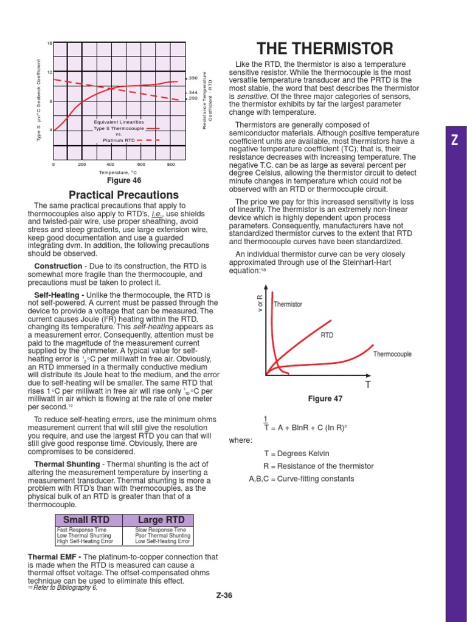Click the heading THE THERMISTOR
(x=325, y=49)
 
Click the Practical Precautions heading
(x=123, y=195)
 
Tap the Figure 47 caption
(x=325, y=399)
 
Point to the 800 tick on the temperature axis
(x=171, y=164)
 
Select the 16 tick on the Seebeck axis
(x=50, y=43)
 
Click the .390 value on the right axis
(x=192, y=78)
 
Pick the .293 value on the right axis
(x=192, y=98)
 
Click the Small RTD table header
(x=89, y=520)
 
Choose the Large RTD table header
(x=158, y=520)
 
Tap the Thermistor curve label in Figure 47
(x=288, y=304)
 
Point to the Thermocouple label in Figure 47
(x=392, y=354)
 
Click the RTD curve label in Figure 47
(x=327, y=335)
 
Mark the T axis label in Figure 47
(x=367, y=385)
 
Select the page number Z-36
(x=224, y=595)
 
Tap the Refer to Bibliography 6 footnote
(x=64, y=588)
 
